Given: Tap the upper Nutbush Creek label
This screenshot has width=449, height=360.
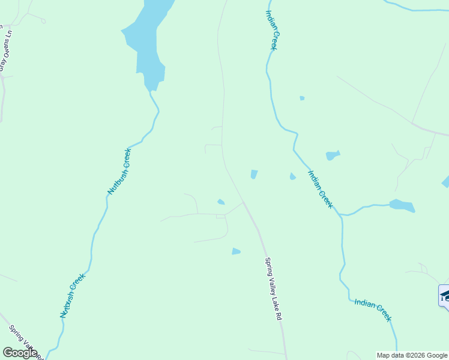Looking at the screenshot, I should tap(119, 171).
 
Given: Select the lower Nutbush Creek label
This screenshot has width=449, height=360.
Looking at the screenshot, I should tap(73, 295).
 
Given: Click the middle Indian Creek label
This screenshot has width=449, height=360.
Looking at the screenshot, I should tap(320, 189).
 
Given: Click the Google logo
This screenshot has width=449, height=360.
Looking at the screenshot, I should tap(20, 353).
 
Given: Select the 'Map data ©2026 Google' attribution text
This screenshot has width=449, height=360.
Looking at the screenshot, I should tap(412, 355).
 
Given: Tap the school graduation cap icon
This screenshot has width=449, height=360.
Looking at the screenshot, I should tap(445, 295).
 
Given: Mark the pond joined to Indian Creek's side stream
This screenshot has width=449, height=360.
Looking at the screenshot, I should tap(402, 205).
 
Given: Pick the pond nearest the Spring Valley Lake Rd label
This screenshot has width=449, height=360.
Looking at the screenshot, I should tap(236, 251).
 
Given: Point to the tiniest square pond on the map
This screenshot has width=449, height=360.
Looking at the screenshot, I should tap(302, 98).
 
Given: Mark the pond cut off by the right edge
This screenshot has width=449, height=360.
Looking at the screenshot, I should tap(446, 182).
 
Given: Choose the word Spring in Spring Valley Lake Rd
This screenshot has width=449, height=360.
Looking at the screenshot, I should tap(268, 266).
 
